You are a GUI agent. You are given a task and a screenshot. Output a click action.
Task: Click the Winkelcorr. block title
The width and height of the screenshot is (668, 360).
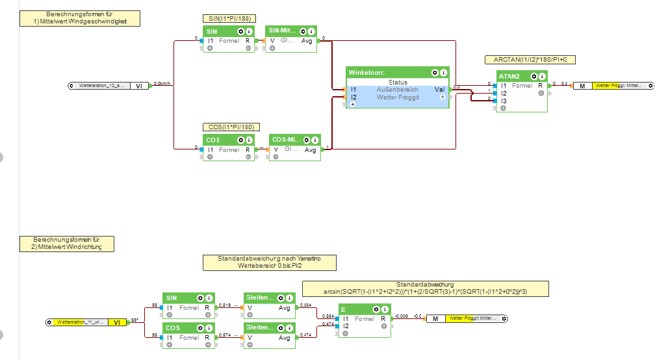pyautogui.click(x=366, y=73)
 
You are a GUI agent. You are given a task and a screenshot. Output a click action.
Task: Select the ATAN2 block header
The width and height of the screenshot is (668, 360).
pyautogui.click(x=509, y=77)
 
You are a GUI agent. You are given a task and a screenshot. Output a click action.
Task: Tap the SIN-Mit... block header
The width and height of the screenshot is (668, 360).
pyautogui.click(x=283, y=31)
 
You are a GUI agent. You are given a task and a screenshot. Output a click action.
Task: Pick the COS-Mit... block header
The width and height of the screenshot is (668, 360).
pyautogui.click(x=287, y=140)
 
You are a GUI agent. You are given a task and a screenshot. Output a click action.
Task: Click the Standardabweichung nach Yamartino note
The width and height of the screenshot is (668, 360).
pyautogui.click(x=270, y=263)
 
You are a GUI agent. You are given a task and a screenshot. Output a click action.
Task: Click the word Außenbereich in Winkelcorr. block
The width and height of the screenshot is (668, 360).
pyautogui.click(x=397, y=90)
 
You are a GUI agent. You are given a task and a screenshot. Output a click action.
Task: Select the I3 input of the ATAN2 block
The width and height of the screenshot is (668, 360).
pyautogui.click(x=504, y=101)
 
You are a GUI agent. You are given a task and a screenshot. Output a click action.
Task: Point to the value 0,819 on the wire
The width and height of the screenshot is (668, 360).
pyautogui.click(x=224, y=305)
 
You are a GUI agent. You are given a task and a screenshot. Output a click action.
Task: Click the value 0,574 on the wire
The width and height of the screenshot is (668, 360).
pyautogui.click(x=224, y=335)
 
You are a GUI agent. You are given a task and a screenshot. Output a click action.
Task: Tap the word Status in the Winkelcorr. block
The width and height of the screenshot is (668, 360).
pyautogui.click(x=398, y=83)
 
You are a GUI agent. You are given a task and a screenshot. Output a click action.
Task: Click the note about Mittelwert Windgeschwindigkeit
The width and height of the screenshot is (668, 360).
pyautogui.click(x=79, y=18)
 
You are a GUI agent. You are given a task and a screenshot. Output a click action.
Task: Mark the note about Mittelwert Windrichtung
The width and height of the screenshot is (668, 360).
pyautogui.click(x=67, y=244)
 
